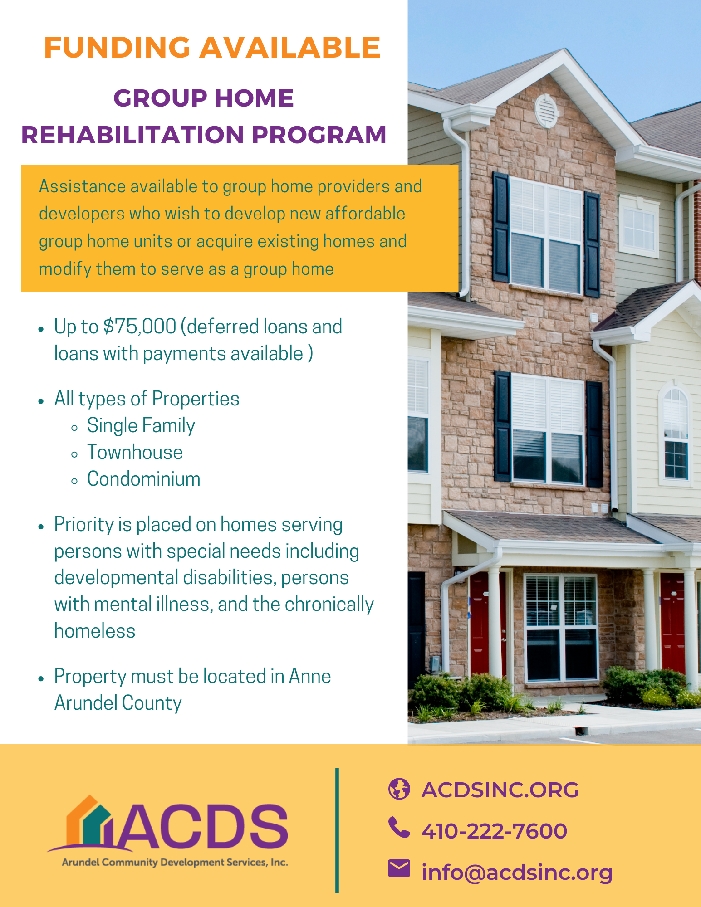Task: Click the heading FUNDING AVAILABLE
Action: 212,48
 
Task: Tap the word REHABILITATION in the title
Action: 133,135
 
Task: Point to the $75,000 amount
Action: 140,327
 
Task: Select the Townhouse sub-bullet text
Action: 135,452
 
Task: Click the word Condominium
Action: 143,479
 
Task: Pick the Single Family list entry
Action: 141,425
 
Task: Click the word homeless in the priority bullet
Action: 95,631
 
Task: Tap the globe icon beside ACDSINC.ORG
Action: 399,789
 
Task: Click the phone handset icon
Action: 399,828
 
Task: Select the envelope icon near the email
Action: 399,868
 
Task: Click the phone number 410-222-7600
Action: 494,831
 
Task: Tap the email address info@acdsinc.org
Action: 517,872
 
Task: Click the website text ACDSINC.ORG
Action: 500,790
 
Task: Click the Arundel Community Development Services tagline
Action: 175,862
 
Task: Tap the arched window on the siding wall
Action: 676,433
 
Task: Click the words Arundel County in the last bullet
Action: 118,703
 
